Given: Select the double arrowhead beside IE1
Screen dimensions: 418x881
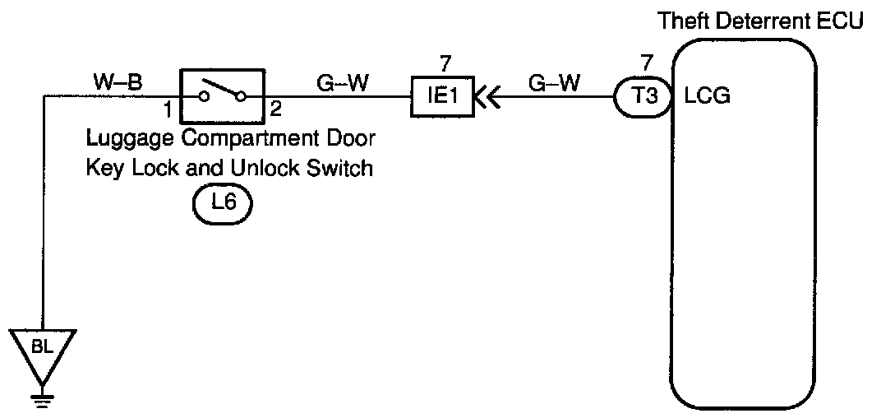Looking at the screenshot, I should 487,98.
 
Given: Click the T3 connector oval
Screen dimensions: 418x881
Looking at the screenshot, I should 642,97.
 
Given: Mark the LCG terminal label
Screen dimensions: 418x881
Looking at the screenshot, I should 708,97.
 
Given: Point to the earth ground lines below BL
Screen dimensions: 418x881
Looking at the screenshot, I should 43,400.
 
